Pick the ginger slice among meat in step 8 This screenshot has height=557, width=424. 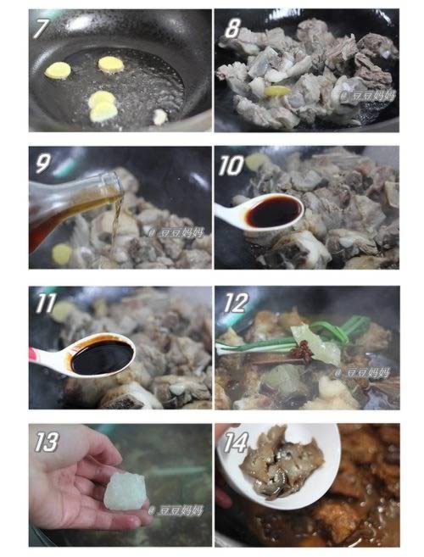click(275, 92)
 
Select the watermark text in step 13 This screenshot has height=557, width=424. click(176, 510)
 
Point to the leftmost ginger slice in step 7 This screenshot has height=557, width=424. click(58, 72)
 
